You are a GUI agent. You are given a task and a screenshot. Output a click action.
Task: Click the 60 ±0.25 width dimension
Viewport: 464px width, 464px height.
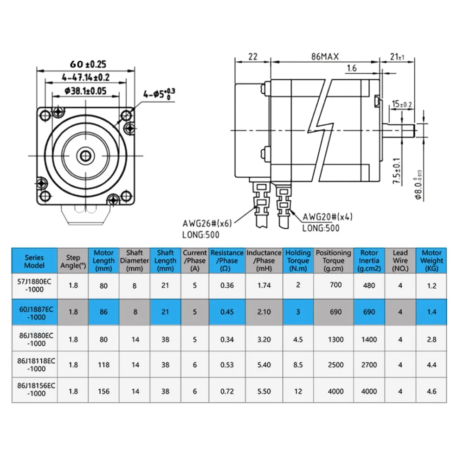pos(88,64)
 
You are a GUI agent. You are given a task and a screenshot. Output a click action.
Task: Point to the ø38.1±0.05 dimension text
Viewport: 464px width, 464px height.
pos(85,91)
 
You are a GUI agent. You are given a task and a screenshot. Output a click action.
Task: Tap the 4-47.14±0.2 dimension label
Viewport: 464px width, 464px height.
pos(85,77)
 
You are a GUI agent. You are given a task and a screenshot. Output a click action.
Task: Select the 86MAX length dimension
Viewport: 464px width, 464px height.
pos(325,57)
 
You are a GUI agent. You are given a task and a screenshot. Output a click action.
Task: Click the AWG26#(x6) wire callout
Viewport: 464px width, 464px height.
pos(207,223)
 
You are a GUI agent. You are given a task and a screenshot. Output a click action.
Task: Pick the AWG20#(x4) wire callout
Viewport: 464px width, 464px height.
pos(328,217)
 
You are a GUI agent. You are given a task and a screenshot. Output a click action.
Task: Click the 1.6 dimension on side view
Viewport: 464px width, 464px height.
pos(352,68)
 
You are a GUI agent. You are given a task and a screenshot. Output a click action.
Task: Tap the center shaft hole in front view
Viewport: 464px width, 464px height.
pos(85,155)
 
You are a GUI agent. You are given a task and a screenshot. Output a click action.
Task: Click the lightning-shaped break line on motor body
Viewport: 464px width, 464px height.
pos(321,130)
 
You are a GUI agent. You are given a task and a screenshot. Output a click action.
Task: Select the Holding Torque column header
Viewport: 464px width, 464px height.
pos(298,260)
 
